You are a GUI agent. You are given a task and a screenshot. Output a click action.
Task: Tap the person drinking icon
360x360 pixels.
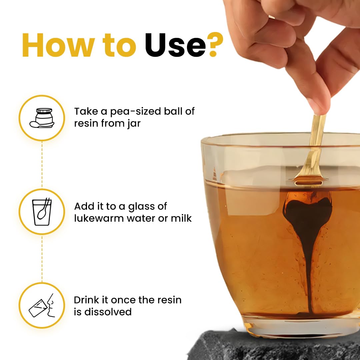tap(42, 305)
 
